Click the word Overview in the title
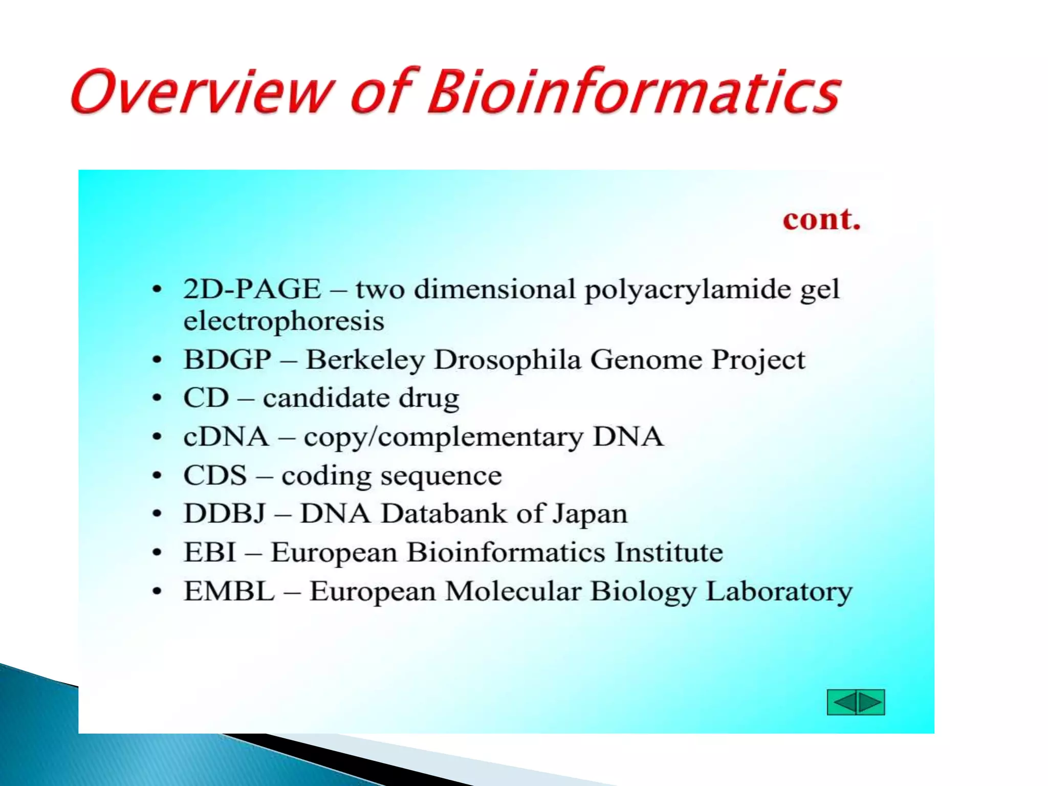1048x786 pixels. tap(202, 92)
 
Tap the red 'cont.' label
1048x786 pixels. tap(821, 220)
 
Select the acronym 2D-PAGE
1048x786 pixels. tap(252, 289)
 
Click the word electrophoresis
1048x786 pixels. tap(283, 321)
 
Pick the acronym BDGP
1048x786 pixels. tap(227, 359)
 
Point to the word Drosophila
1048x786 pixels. tap(507, 359)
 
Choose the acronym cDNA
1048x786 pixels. tap(226, 437)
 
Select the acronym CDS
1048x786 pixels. tap(215, 475)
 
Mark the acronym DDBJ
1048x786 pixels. tap(225, 513)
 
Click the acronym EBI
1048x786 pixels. tap(210, 553)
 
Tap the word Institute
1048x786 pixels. tap(668, 553)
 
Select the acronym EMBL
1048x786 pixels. tap(229, 592)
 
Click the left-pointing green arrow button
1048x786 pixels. tap(842, 702)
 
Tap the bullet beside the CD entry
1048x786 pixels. tap(157, 398)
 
